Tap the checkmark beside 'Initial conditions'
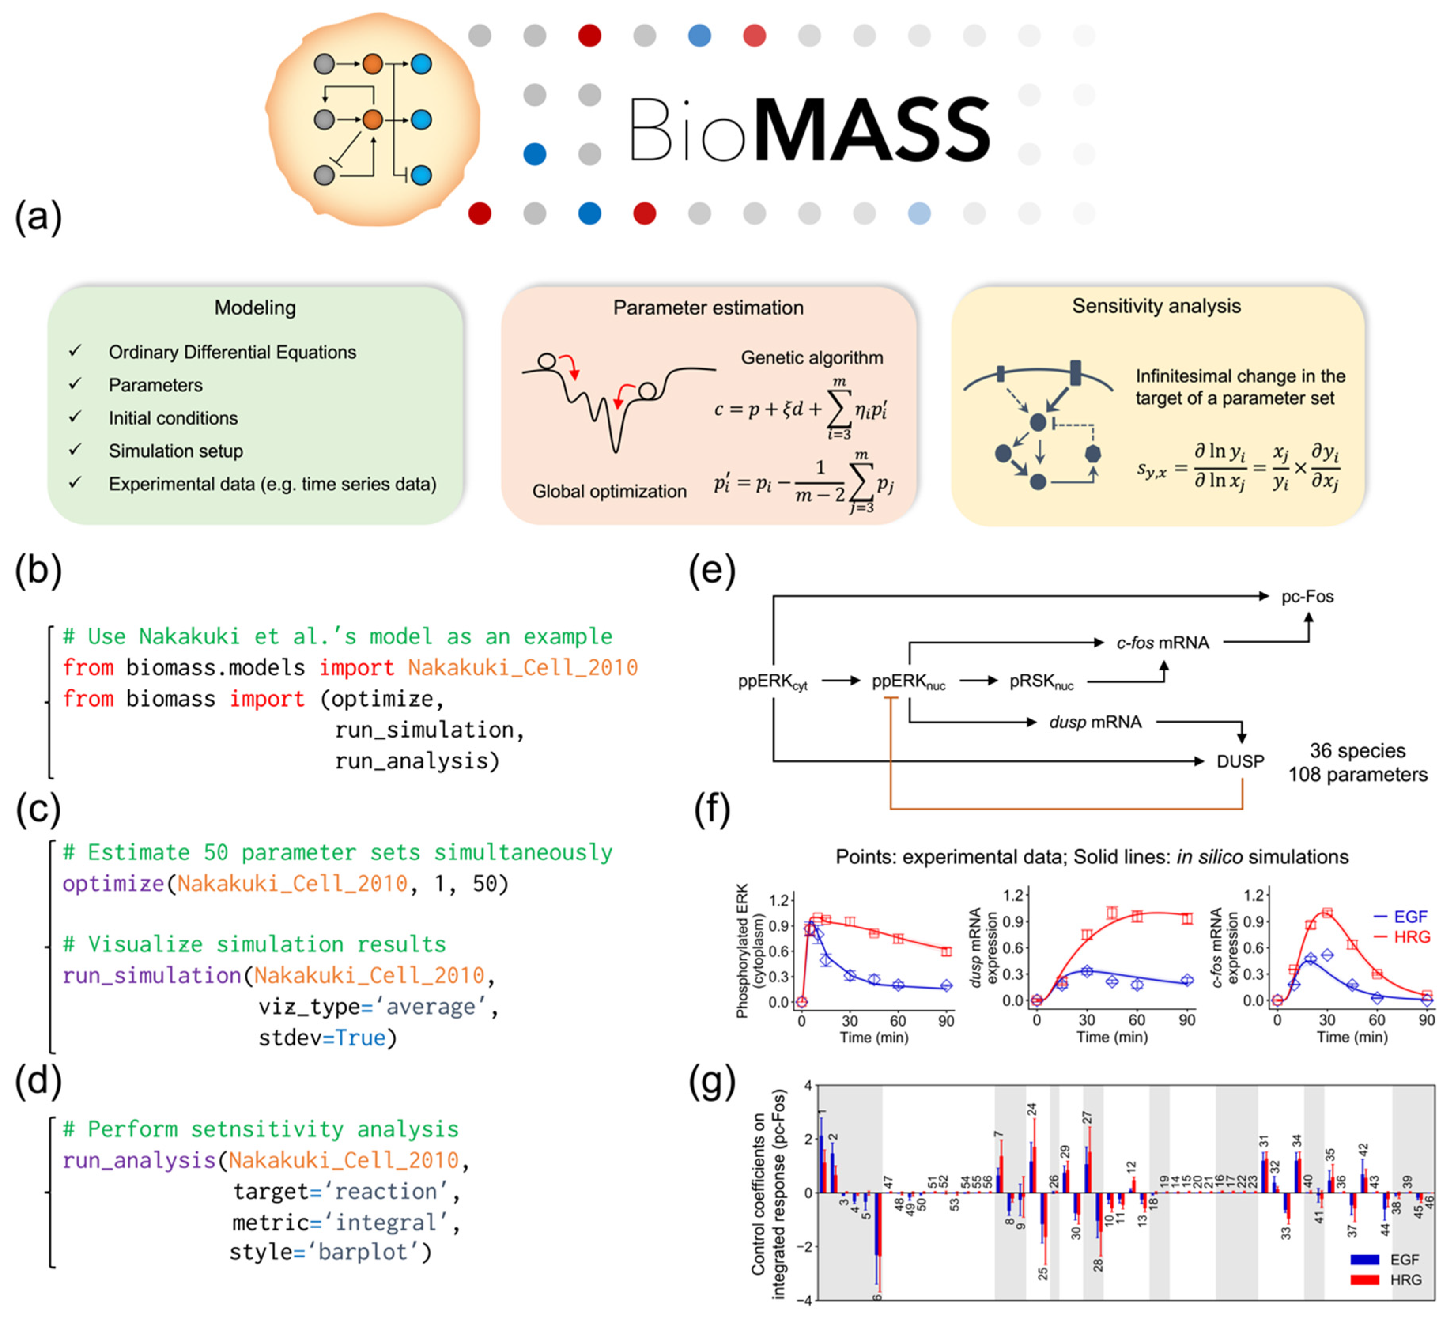pos(75,417)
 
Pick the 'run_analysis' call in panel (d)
pos(139,1160)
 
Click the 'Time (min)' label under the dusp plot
pos(1112,1038)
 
